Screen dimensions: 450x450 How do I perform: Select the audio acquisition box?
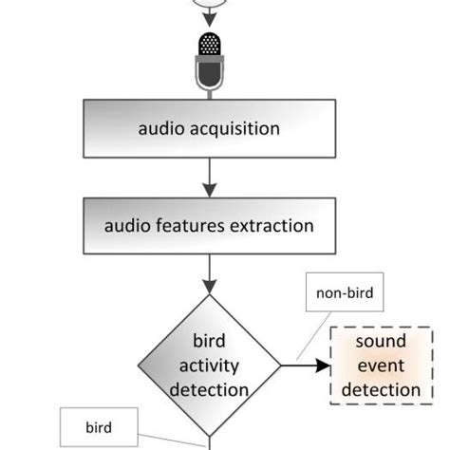click(x=208, y=127)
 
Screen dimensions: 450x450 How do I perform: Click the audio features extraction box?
click(x=208, y=226)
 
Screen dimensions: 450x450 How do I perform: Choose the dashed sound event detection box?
click(x=381, y=365)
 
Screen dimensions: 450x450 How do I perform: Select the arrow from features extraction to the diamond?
click(x=208, y=274)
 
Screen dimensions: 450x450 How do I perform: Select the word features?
click(x=193, y=226)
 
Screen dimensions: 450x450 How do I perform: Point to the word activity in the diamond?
click(x=208, y=365)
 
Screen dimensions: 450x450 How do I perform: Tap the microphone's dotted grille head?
click(x=208, y=45)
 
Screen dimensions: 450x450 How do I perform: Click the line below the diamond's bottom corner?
click(x=208, y=441)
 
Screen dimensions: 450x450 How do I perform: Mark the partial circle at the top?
click(x=208, y=4)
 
